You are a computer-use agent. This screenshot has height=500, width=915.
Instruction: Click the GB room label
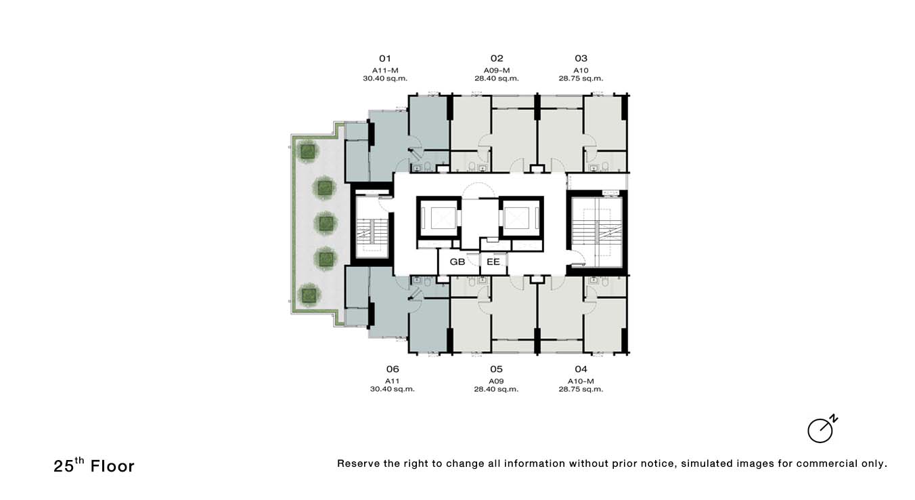click(x=457, y=262)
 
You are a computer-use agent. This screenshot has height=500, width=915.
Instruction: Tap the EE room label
click(x=493, y=262)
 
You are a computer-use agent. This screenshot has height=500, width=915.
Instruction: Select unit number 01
click(x=385, y=58)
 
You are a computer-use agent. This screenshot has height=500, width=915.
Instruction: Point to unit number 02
click(x=497, y=58)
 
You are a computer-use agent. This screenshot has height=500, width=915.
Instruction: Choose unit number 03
click(x=581, y=58)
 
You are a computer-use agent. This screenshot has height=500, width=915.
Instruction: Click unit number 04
click(x=581, y=369)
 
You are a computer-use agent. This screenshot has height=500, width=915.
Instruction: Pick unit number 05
click(x=496, y=369)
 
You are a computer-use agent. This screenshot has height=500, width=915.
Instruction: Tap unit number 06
click(x=393, y=369)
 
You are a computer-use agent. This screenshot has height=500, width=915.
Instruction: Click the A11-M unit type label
click(x=385, y=70)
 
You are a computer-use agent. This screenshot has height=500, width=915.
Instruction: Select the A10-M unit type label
click(x=581, y=381)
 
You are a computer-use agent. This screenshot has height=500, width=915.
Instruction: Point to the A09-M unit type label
click(x=497, y=70)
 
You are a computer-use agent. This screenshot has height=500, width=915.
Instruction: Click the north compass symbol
click(x=822, y=430)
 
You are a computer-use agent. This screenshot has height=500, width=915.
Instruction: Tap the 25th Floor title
click(x=94, y=465)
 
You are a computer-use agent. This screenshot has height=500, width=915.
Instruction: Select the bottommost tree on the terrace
click(x=309, y=295)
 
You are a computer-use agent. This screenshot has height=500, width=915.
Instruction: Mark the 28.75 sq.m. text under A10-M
click(x=581, y=389)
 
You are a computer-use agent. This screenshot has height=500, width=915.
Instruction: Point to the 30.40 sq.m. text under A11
click(x=393, y=389)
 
